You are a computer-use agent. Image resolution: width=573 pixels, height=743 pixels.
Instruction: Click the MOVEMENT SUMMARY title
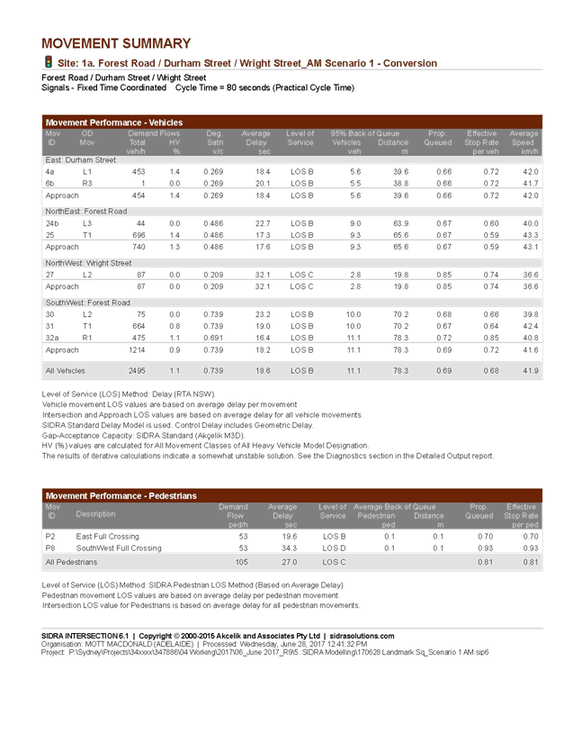[x=116, y=43]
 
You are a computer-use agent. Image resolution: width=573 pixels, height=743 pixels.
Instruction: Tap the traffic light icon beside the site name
[x=48, y=62]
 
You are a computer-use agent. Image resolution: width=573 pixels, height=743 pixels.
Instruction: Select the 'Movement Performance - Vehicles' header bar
[x=292, y=122]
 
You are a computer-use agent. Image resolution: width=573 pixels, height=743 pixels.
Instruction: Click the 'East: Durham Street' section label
[x=80, y=159]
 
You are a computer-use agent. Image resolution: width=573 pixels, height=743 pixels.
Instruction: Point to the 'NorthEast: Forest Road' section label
[x=86, y=211]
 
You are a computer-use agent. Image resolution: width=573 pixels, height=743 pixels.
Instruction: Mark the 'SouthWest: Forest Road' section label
[x=87, y=303]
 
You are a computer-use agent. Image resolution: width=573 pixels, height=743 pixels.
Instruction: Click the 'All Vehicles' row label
[x=66, y=370]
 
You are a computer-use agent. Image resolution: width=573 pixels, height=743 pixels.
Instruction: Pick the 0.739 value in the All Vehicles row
[x=212, y=370]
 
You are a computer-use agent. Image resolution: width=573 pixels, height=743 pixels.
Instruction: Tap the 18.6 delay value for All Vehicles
[x=263, y=370]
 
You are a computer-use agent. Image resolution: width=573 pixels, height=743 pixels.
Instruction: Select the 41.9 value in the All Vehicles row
[x=530, y=370]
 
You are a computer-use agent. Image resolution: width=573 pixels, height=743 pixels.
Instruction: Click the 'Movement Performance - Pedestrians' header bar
[x=292, y=495]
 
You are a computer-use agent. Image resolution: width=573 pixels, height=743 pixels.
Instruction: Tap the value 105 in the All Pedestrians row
[x=240, y=562]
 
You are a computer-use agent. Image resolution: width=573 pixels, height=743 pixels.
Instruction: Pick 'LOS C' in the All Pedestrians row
[x=334, y=562]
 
